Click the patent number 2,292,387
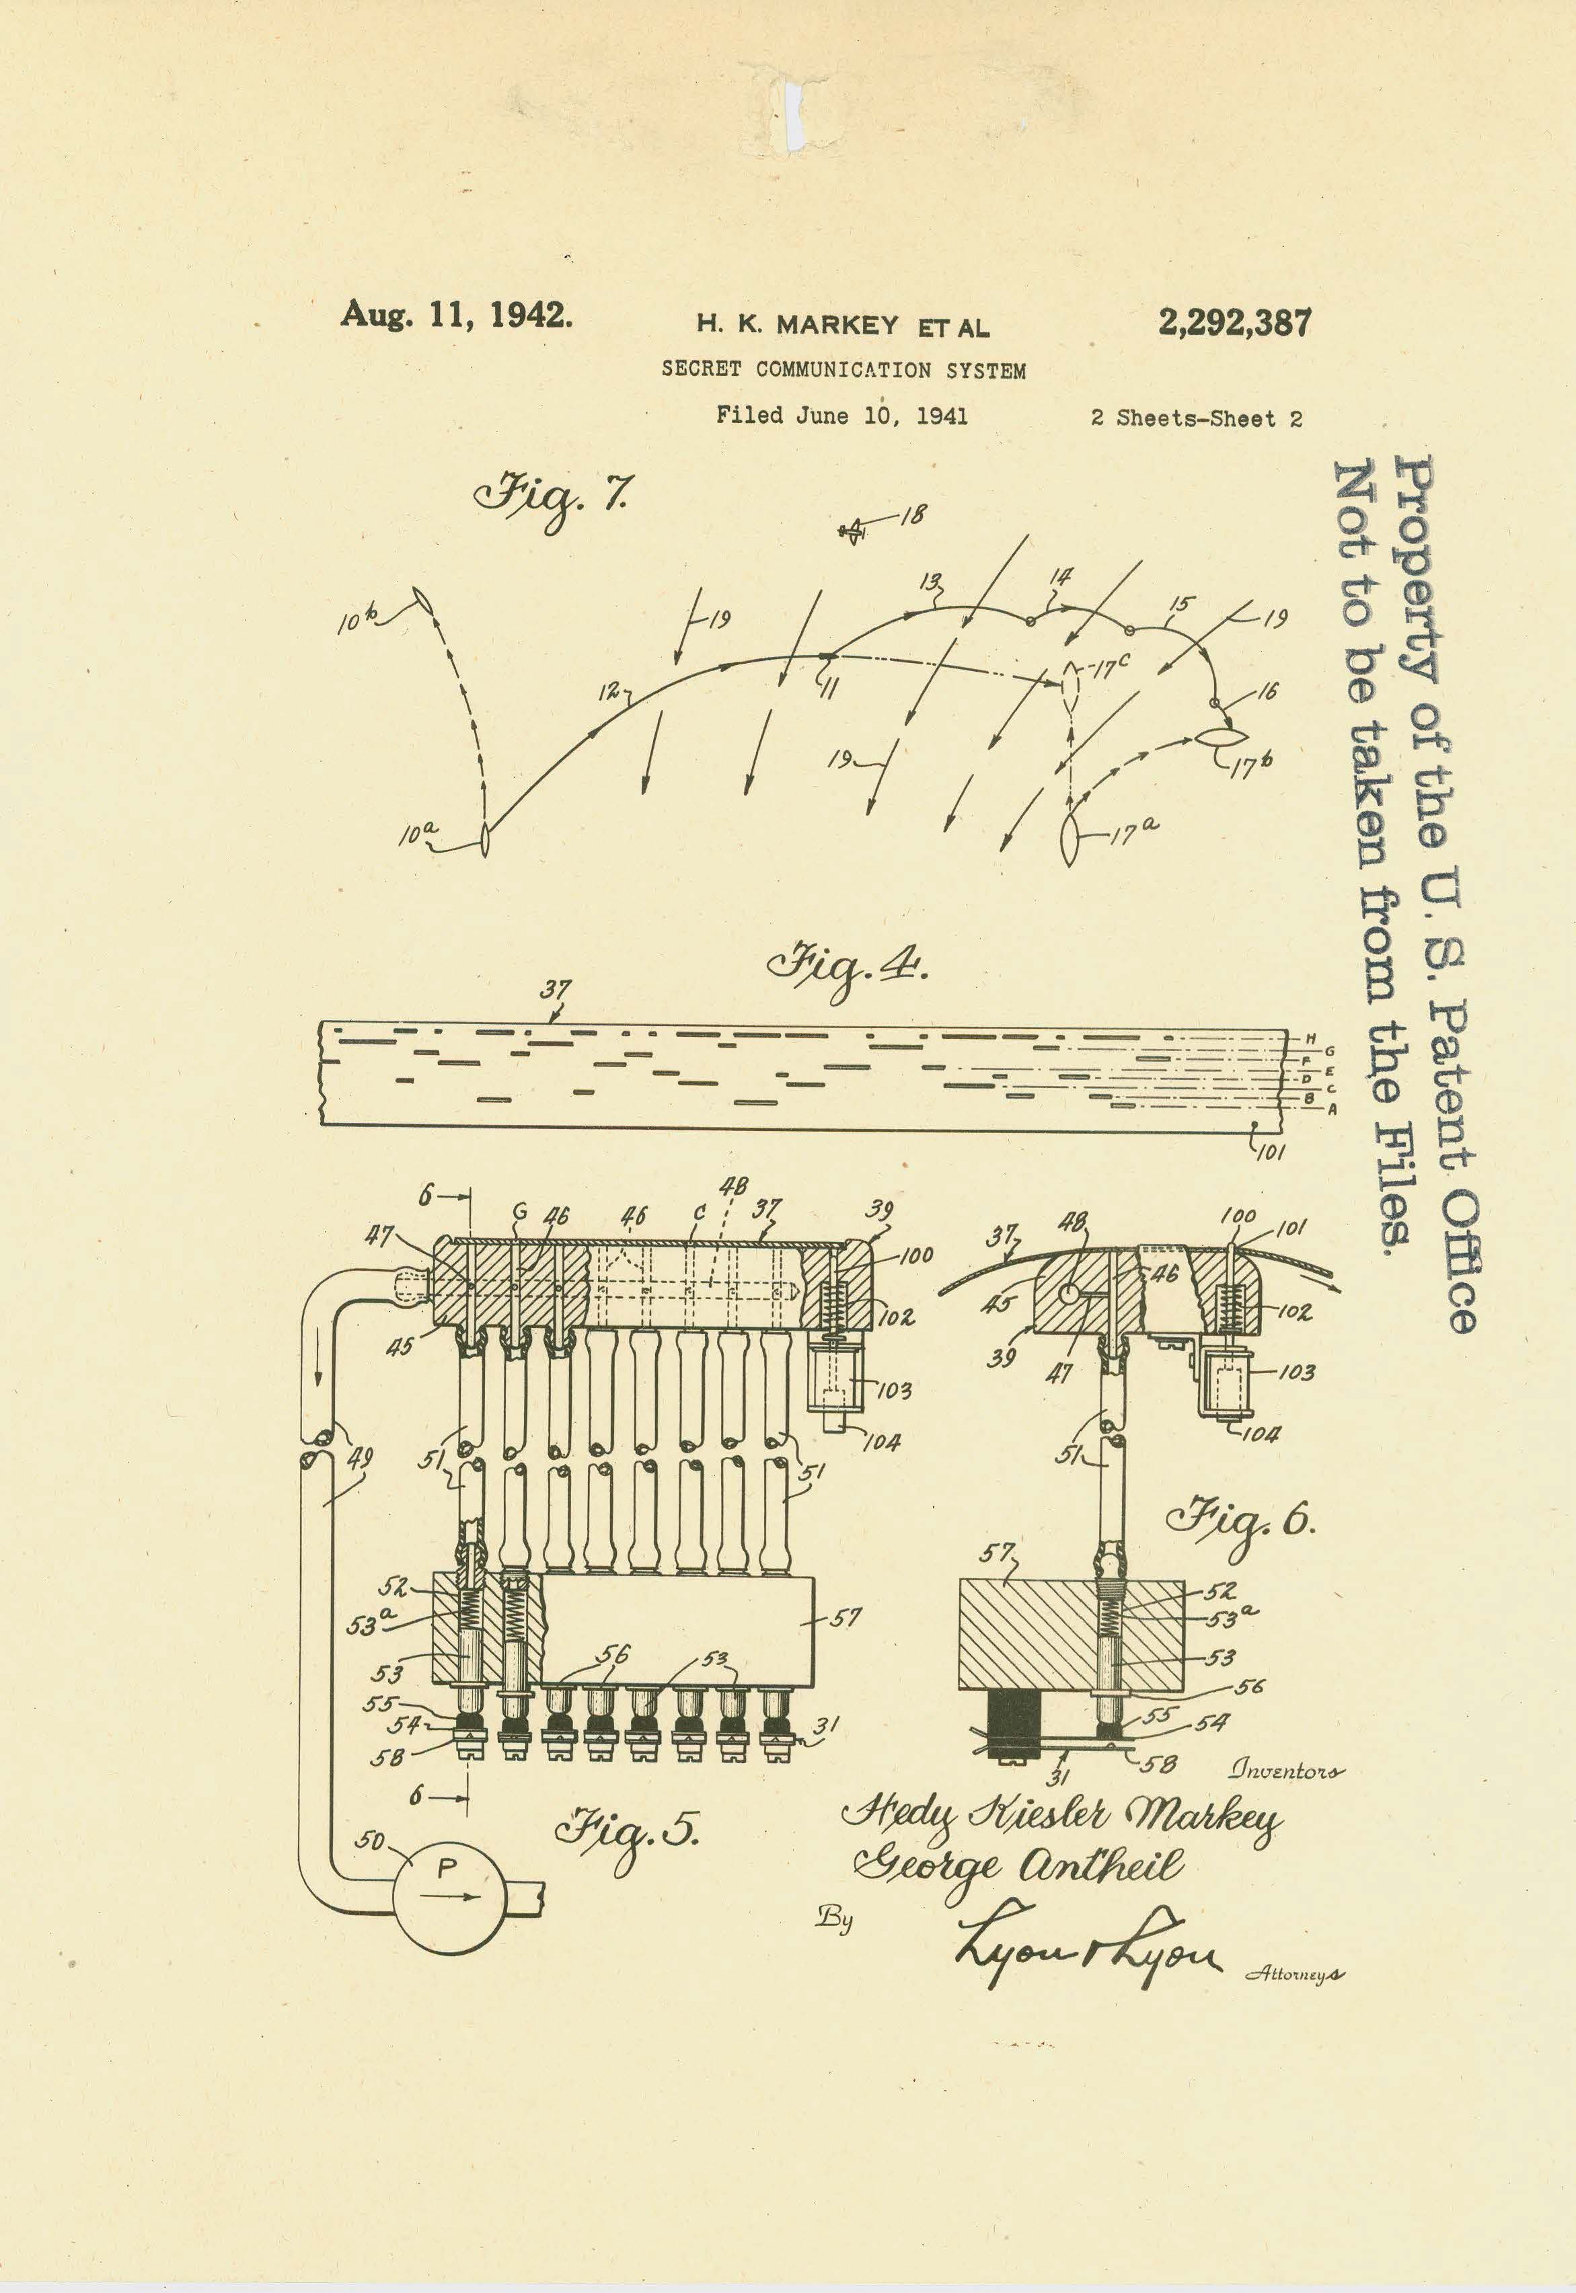1234,323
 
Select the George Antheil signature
1017,1865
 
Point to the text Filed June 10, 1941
841,416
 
